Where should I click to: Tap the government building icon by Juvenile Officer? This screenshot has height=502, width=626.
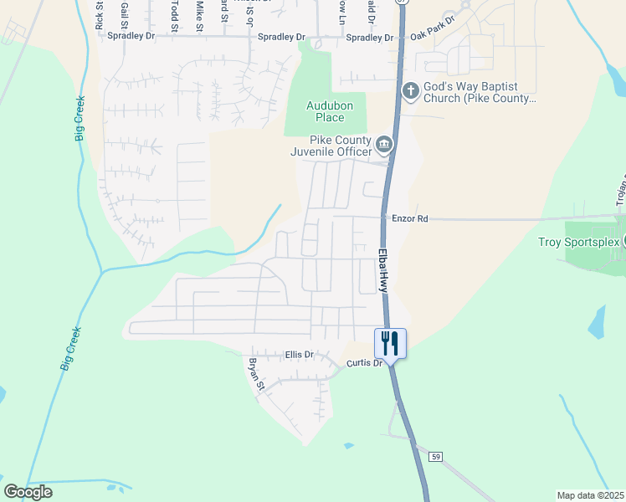point(383,145)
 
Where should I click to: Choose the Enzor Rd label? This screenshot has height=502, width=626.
point(410,218)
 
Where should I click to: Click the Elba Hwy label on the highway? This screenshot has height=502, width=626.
point(383,269)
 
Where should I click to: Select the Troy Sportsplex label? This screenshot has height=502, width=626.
point(577,243)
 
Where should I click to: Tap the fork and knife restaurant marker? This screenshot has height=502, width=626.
point(390,342)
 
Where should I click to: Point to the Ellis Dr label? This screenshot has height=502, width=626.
point(298,355)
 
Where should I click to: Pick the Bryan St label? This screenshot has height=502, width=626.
point(255,375)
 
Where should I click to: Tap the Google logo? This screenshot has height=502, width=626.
point(28,492)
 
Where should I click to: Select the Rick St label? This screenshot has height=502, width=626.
point(100,17)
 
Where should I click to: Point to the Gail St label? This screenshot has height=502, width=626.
point(125,14)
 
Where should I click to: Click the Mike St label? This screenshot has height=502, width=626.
point(199,15)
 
